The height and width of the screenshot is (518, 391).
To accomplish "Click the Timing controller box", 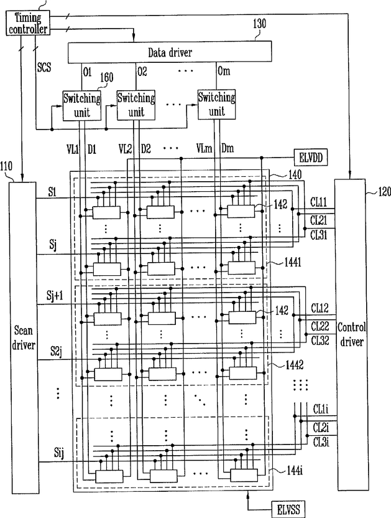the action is pyautogui.click(x=28, y=23).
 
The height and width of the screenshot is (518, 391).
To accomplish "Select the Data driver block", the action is pyautogui.click(x=170, y=52).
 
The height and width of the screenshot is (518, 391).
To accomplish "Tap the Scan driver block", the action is pyautogui.click(x=24, y=337).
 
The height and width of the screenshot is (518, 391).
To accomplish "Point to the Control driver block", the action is pyautogui.click(x=351, y=335).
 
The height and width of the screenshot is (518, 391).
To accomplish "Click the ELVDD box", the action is pyautogui.click(x=310, y=158).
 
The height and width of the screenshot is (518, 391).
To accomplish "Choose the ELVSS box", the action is pyautogui.click(x=288, y=509).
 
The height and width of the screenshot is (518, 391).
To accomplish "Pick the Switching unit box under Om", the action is pyautogui.click(x=216, y=105).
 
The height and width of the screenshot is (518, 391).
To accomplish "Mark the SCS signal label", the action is pyautogui.click(x=44, y=67).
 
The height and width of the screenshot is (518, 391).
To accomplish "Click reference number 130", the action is pyautogui.click(x=259, y=24).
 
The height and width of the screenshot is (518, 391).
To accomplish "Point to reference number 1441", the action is pyautogui.click(x=293, y=263).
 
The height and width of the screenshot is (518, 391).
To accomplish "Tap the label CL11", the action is pyautogui.click(x=319, y=202).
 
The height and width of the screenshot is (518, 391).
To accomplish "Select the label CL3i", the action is pyautogui.click(x=321, y=441).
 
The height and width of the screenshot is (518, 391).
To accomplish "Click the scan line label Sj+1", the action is pyautogui.click(x=55, y=296).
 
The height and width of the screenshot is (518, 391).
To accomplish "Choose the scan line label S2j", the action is pyautogui.click(x=56, y=351).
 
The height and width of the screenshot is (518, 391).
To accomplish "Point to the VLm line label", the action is pyautogui.click(x=204, y=148).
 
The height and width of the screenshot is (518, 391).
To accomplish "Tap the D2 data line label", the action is pyautogui.click(x=146, y=149).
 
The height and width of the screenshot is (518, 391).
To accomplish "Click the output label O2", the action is pyautogui.click(x=142, y=72).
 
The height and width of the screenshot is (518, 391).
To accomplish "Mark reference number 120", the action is pyautogui.click(x=384, y=192).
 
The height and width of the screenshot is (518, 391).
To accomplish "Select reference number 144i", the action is pyautogui.click(x=294, y=471).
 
